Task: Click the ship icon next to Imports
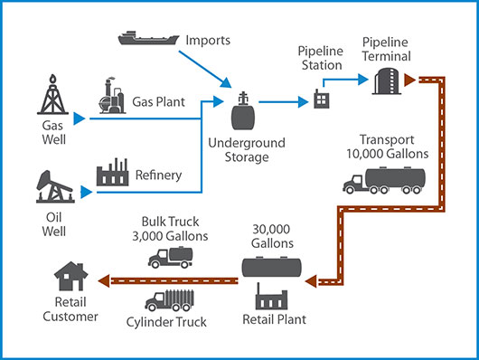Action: [x=147, y=38]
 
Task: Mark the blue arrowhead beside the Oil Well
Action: [x=88, y=192]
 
